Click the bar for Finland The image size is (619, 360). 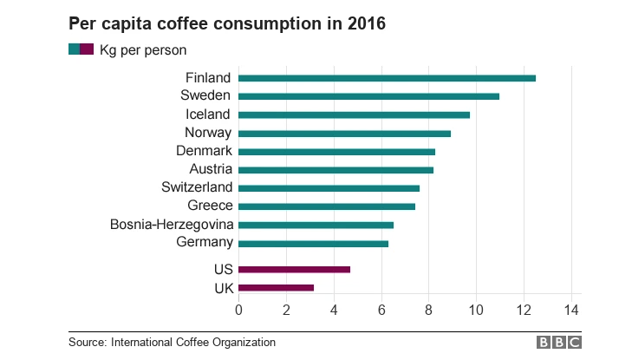pyautogui.click(x=387, y=78)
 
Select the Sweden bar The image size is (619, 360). pyautogui.click(x=368, y=96)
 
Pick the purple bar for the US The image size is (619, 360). pyautogui.click(x=294, y=269)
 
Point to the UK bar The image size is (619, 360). pyautogui.click(x=276, y=287)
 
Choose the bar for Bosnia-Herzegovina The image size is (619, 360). pyautogui.click(x=316, y=225)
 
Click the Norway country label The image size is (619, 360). pyautogui.click(x=208, y=133)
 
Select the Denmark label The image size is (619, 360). pyautogui.click(x=204, y=151)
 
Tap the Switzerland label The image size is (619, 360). pyautogui.click(x=197, y=187)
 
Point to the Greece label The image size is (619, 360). pyautogui.click(x=210, y=206)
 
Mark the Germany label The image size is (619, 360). pyautogui.click(x=204, y=242)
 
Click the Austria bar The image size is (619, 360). pyautogui.click(x=336, y=169)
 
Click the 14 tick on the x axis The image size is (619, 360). pyautogui.click(x=570, y=310)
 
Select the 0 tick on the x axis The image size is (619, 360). pyautogui.click(x=238, y=310)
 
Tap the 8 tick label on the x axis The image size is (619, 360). pyautogui.click(x=428, y=310)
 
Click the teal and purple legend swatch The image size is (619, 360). pyautogui.click(x=81, y=49)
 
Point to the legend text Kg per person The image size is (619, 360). pyautogui.click(x=143, y=50)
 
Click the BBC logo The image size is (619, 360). pyautogui.click(x=559, y=343)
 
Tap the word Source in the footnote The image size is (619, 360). pyautogui.click(x=87, y=343)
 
